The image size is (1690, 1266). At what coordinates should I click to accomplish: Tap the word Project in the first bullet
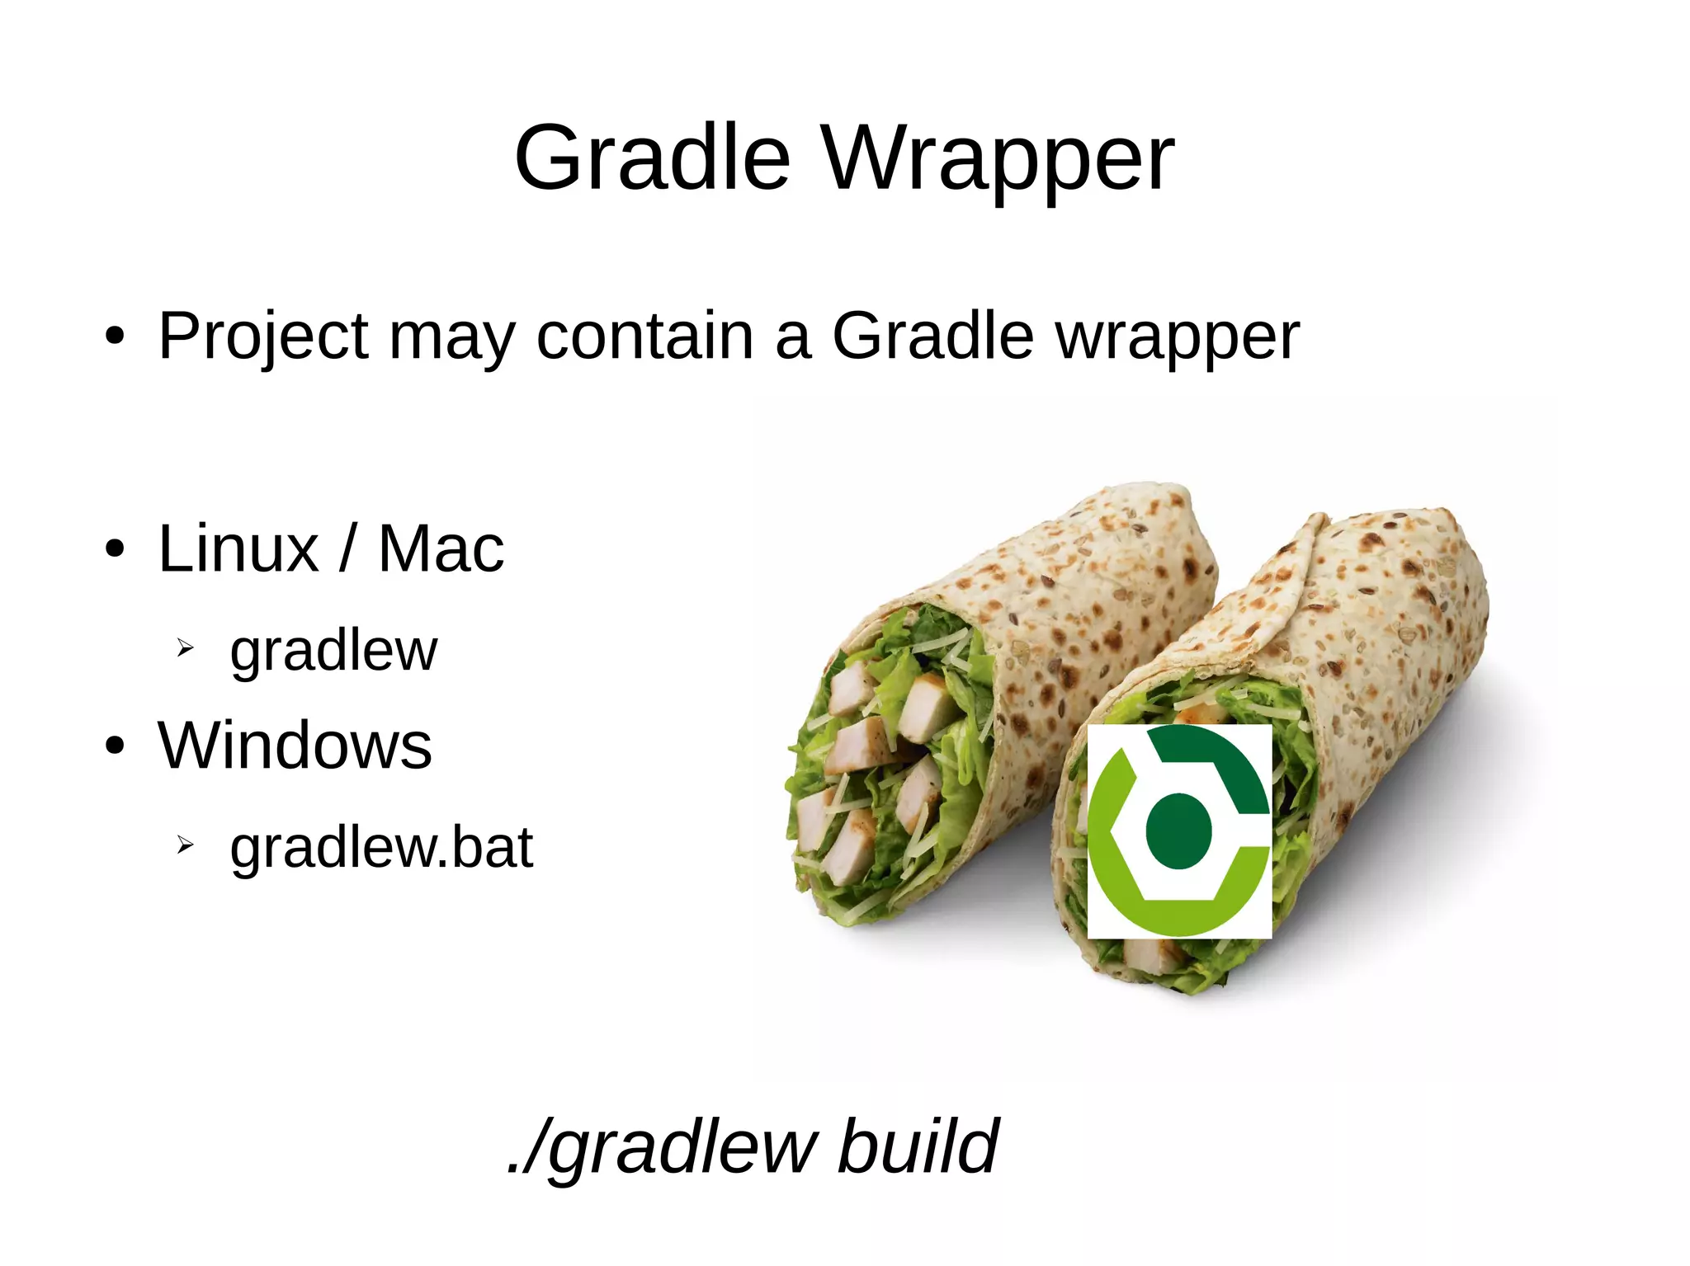tap(263, 337)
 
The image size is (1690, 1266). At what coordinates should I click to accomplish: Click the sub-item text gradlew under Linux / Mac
tap(333, 652)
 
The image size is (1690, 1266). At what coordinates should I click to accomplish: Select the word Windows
tap(295, 745)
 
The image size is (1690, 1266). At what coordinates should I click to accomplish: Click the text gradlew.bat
tap(381, 848)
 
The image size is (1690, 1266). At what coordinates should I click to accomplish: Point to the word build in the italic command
tap(917, 1146)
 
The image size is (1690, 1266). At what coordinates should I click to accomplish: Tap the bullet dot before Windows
tap(115, 746)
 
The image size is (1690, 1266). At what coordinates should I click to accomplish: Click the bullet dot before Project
tap(115, 337)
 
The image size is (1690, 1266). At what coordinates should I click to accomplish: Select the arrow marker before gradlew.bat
tap(185, 845)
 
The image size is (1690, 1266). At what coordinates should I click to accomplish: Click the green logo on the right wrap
tap(1179, 831)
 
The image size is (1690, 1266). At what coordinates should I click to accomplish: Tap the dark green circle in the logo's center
tap(1178, 831)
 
